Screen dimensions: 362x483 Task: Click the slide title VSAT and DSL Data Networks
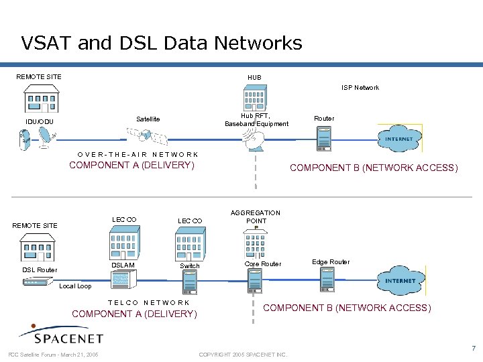point(162,44)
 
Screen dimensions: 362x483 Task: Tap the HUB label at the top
point(254,78)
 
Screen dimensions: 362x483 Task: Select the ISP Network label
point(360,88)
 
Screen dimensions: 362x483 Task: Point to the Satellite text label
point(148,119)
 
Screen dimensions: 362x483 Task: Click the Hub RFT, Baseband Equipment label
point(256,119)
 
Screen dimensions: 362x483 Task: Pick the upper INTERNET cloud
point(400,139)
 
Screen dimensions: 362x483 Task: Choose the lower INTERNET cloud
point(400,281)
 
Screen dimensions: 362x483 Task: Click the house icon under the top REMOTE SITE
point(42,99)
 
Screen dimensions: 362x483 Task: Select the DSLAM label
point(123,265)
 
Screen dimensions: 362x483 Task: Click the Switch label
point(190,266)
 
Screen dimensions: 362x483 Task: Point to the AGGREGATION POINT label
point(256,217)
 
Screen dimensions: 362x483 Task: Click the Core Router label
point(263,264)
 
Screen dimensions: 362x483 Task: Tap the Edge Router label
point(331,262)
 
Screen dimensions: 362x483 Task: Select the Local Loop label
point(75,286)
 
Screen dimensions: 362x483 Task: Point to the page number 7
point(474,349)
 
